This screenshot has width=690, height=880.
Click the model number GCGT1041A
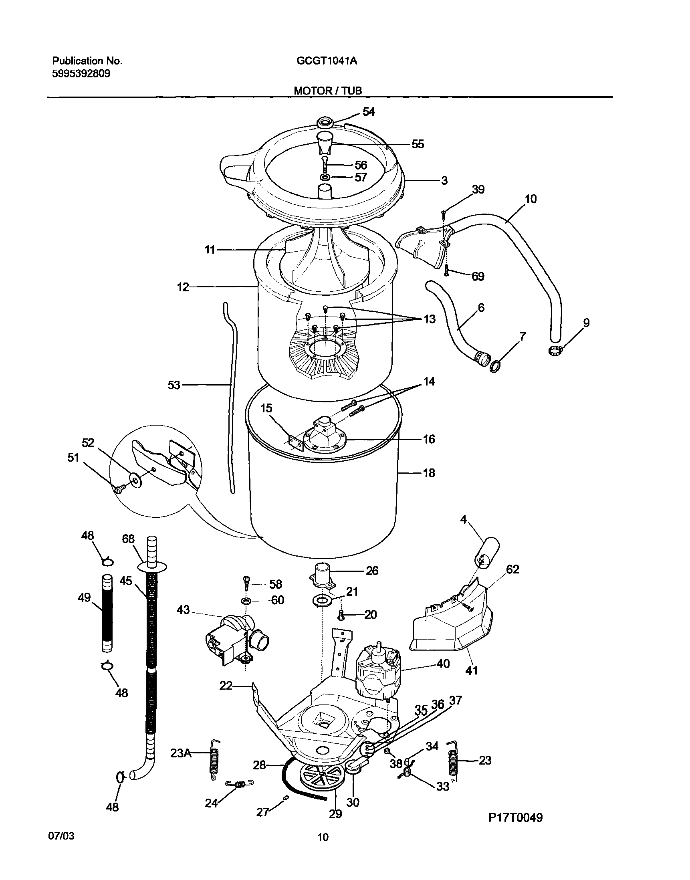tap(327, 61)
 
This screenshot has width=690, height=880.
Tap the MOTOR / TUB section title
tap(328, 91)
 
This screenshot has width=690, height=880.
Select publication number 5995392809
tap(81, 74)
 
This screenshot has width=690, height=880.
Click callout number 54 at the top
tap(368, 112)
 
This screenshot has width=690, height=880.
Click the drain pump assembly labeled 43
tap(234, 642)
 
